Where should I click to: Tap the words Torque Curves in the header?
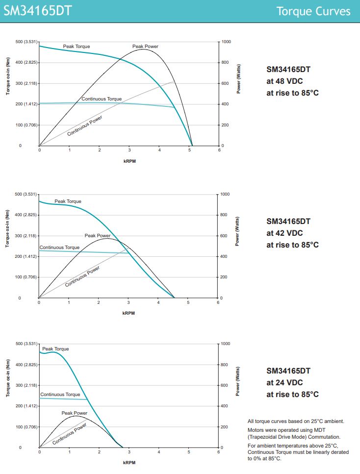tap(313, 11)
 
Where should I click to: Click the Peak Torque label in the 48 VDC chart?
tap(77, 46)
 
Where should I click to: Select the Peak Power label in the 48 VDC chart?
tap(145, 47)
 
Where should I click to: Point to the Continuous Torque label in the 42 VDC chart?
tap(59, 248)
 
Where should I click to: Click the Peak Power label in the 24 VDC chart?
tap(75, 413)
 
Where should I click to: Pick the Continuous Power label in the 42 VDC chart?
tap(82, 276)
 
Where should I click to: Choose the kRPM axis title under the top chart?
tap(129, 161)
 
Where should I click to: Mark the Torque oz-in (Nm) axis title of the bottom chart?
tap(8, 382)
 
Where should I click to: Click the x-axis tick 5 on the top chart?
tap(189, 150)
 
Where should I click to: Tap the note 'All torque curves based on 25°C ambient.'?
tap(296, 421)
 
